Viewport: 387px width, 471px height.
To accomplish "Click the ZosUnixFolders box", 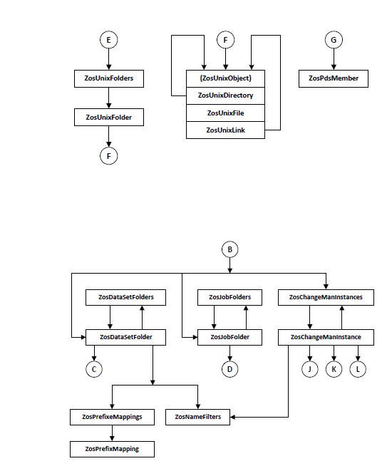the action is (x=109, y=78).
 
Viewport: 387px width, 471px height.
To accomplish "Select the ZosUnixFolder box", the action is (x=109, y=117).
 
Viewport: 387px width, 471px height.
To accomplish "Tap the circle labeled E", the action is (x=109, y=40).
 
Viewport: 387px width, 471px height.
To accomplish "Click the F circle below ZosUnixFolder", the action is (x=109, y=156).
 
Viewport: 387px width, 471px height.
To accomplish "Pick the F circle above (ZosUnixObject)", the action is (x=226, y=40).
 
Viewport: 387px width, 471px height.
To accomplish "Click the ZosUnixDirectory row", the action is (x=226, y=95).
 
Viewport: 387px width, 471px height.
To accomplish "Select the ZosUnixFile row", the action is (x=226, y=113).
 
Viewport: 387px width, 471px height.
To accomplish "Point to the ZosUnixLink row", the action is (x=226, y=130).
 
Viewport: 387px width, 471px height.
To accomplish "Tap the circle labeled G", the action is (x=334, y=40).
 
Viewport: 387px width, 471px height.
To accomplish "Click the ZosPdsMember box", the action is (x=334, y=78).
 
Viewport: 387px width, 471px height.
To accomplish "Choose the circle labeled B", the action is (x=230, y=249).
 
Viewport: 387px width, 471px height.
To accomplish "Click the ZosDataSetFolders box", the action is (x=126, y=297).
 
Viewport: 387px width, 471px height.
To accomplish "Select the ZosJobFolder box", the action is (x=230, y=337).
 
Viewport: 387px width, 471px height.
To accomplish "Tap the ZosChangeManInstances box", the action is (x=326, y=297).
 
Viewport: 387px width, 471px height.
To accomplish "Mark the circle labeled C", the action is (x=94, y=369).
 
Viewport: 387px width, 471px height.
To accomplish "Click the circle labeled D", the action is (x=230, y=369).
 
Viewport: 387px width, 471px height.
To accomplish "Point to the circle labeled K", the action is (x=334, y=369).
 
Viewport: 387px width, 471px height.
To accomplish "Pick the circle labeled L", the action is (x=358, y=369).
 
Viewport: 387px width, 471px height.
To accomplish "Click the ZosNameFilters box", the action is (x=197, y=417).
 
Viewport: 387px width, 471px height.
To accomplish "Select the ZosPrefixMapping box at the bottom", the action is (x=113, y=449).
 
